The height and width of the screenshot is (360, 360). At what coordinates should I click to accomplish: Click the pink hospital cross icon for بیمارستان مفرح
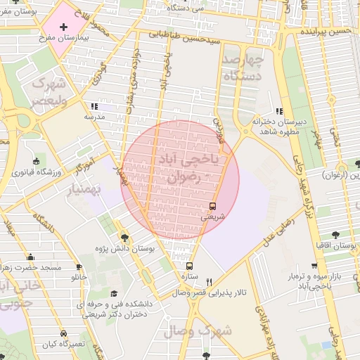64,25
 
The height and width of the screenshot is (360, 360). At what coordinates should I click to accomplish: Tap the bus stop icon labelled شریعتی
212,206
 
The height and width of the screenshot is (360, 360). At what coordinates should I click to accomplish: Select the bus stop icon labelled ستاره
189,266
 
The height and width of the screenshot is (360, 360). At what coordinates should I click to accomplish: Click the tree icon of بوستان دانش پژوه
125,238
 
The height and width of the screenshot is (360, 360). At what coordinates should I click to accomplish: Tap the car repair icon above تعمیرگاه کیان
64,333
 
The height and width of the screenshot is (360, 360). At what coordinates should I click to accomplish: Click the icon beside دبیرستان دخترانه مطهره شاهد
279,111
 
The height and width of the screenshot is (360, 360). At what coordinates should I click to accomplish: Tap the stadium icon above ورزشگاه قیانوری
37,161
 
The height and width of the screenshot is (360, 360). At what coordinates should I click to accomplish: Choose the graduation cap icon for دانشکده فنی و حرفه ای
114,294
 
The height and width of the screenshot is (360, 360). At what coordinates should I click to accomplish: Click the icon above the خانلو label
78,266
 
